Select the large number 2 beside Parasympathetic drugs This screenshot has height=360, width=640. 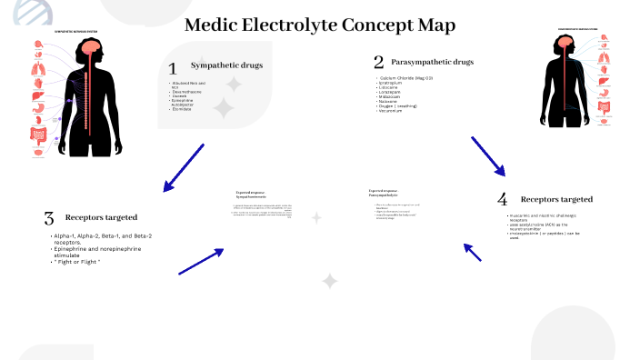point(378,63)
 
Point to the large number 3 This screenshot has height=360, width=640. point(49,218)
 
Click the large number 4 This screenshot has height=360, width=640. point(502,199)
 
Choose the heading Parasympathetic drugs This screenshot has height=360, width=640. point(433,62)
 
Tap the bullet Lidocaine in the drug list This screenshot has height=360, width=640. point(393,88)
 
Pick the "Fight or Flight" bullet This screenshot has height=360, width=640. point(76,262)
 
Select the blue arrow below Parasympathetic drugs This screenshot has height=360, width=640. point(487,155)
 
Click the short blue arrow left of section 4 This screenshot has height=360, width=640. point(473,252)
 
